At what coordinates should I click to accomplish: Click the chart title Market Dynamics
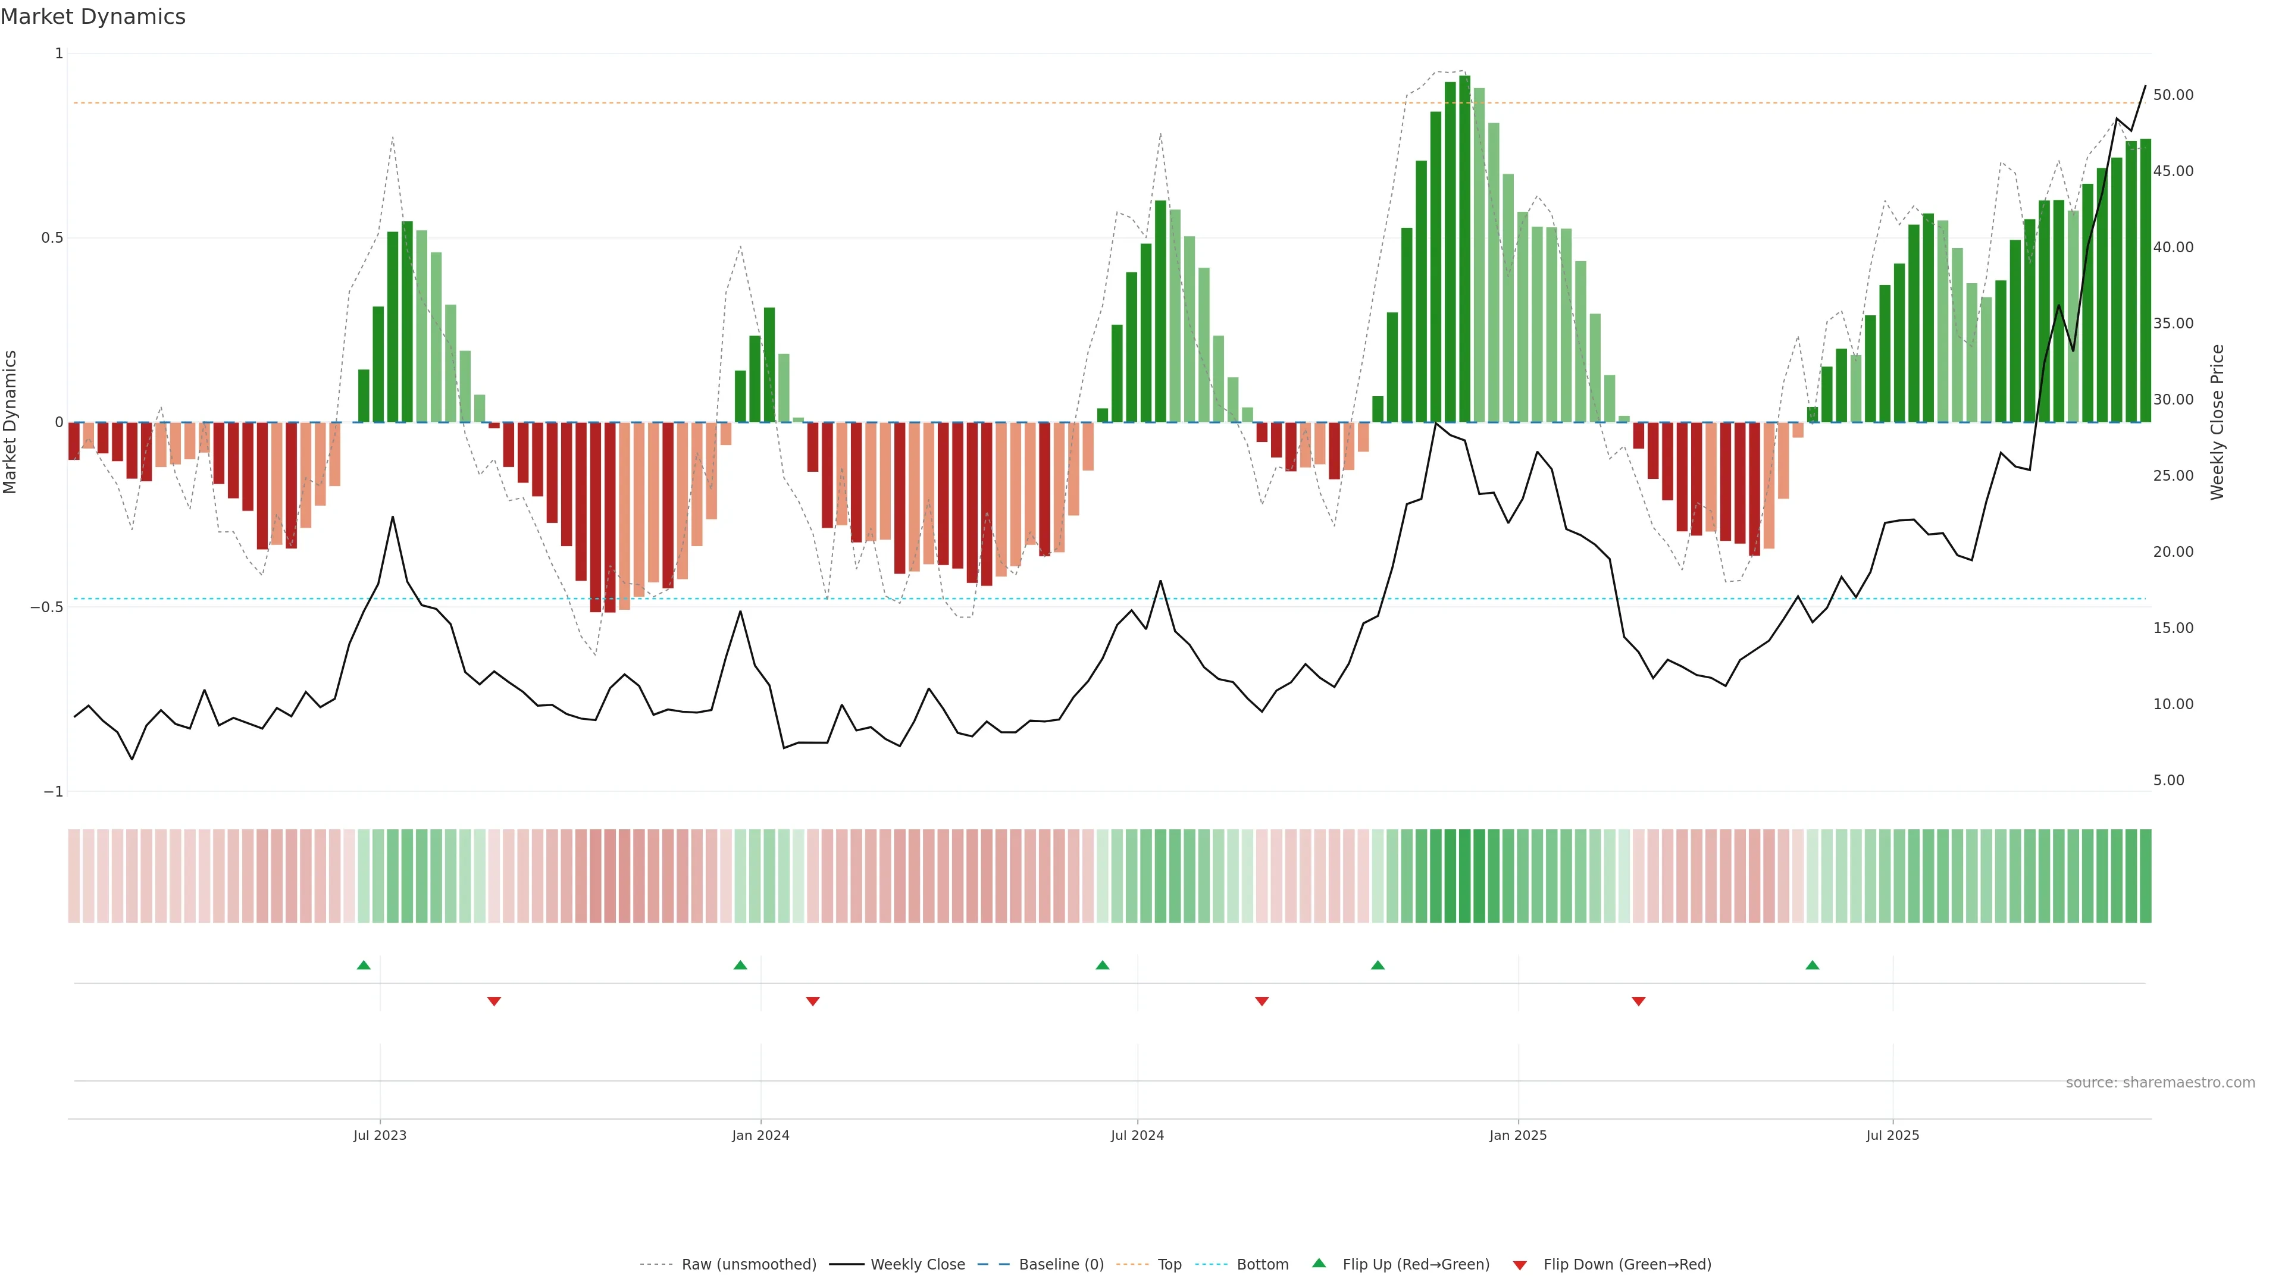point(93,17)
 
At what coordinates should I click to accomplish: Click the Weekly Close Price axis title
point(2217,422)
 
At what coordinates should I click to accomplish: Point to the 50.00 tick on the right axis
point(2173,95)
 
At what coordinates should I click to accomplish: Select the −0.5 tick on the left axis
point(46,607)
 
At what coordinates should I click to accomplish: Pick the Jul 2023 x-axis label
point(380,1135)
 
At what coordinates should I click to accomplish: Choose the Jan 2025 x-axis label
point(1518,1135)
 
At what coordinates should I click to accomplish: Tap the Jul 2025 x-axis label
point(1892,1135)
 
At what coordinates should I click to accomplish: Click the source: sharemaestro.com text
point(2160,1083)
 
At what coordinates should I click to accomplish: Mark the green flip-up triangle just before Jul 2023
point(364,965)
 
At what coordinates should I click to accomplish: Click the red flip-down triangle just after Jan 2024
point(812,1001)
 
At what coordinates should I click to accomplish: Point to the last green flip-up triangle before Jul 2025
point(1812,965)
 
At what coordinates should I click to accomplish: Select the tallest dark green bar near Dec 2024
point(1464,248)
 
